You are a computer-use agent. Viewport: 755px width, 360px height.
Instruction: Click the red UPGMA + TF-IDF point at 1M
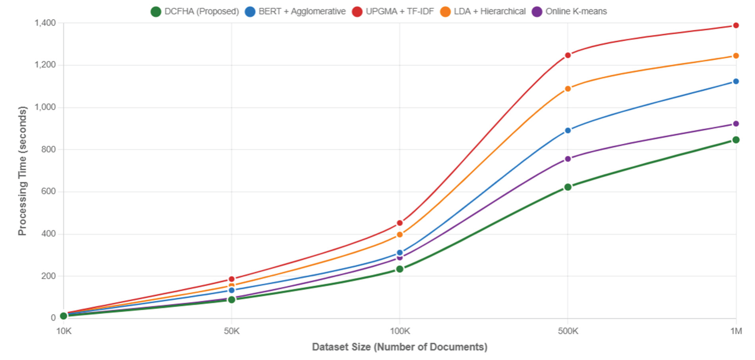coord(736,26)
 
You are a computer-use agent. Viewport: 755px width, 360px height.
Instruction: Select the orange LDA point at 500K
coord(568,89)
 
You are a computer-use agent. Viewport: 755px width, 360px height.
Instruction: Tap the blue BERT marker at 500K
coord(568,130)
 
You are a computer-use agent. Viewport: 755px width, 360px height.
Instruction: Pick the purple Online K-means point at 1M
coord(736,124)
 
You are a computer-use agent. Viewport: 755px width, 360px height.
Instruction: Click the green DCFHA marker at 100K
coord(400,269)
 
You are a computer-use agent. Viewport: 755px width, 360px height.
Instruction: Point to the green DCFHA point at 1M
coord(736,140)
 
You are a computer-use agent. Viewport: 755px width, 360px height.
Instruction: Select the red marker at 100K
coord(400,223)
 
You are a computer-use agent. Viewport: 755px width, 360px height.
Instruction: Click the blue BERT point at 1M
coord(736,81)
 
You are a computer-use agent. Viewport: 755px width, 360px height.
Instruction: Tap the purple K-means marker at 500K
coord(568,159)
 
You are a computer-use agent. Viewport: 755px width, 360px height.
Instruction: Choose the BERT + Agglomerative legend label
coord(302,11)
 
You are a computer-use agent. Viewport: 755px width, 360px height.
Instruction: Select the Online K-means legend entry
coord(576,11)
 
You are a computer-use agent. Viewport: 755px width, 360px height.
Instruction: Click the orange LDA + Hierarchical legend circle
coord(445,12)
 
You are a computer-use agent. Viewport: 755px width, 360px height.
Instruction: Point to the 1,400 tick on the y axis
coord(45,23)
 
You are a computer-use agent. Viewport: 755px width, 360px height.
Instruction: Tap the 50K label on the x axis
coord(231,331)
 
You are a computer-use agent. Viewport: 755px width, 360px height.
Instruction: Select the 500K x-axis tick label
coord(568,331)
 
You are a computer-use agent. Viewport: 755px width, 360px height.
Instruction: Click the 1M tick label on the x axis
coord(736,331)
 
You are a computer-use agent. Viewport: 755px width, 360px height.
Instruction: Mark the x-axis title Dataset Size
coord(400,347)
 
